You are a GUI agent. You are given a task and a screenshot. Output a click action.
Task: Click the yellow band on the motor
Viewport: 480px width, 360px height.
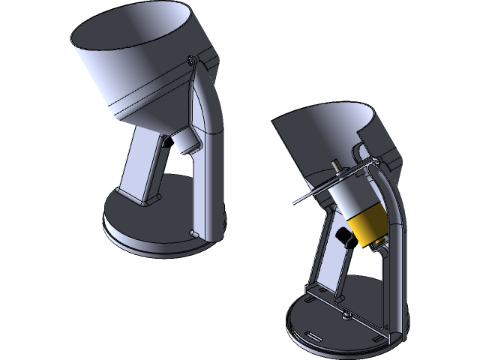click(368, 228)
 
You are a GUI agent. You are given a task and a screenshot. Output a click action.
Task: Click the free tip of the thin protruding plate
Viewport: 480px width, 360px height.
click(292, 203)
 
